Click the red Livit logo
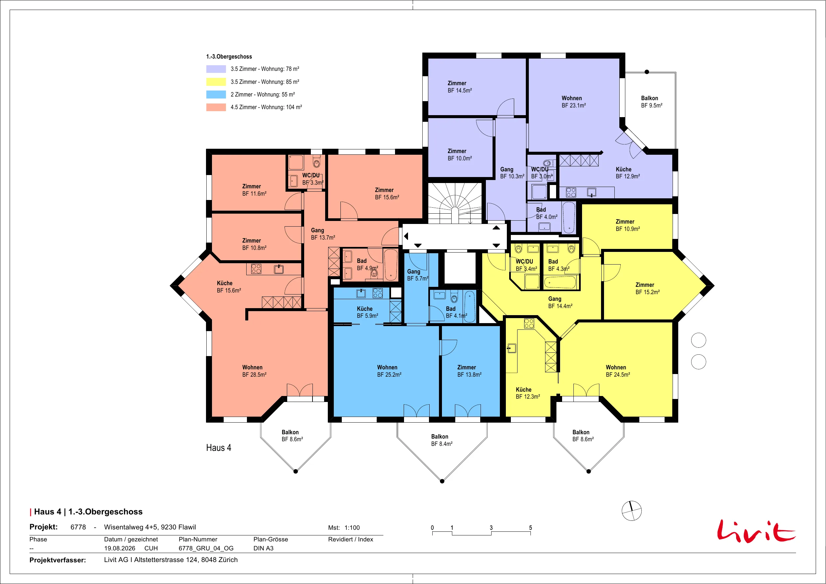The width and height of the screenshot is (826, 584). [x=755, y=531]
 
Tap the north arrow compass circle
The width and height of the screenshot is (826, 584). [x=632, y=510]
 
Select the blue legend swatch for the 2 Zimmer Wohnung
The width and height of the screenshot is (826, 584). [x=216, y=95]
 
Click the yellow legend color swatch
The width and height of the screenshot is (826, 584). [x=216, y=82]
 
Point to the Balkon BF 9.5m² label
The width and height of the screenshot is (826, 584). [x=652, y=102]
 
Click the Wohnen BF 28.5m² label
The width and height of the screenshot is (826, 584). [x=254, y=371]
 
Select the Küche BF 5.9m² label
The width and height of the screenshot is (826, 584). [x=367, y=312]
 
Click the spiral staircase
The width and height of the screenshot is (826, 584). [x=455, y=203]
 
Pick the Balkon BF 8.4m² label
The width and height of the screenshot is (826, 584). [x=442, y=440]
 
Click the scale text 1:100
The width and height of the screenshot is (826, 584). [x=352, y=527]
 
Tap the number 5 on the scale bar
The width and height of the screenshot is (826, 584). [x=530, y=527]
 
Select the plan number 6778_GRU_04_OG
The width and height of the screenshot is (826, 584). [x=206, y=548]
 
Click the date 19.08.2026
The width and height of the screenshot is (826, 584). [x=120, y=548]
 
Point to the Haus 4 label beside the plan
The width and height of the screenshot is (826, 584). [x=219, y=448]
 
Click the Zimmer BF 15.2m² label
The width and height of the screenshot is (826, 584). [x=648, y=288]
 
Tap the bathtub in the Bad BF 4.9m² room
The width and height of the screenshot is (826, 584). [x=391, y=265]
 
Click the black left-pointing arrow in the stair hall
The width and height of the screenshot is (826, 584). [x=406, y=236]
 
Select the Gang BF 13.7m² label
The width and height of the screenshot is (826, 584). [x=323, y=234]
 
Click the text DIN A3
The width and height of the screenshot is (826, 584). [x=263, y=548]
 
